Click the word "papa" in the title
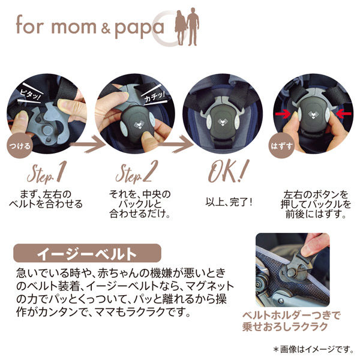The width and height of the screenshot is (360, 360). point(139,29)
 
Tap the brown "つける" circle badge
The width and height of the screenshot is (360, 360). point(20,146)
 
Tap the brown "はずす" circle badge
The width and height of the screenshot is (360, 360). point(281,146)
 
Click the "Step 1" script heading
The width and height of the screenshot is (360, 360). point(47,172)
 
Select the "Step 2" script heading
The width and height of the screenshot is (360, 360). point(137,172)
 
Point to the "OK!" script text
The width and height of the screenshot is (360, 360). point(228,171)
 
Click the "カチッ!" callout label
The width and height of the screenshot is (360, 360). point(154,96)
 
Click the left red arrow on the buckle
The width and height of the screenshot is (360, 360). point(283,113)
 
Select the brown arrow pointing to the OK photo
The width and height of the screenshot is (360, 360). point(176,144)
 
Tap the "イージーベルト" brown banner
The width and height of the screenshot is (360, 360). point(87,253)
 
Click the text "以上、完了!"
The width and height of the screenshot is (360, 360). point(229,202)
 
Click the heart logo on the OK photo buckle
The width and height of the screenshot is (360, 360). point(223,122)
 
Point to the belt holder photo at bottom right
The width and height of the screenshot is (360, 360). point(293,270)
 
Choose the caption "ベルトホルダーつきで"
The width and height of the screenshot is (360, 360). point(291,316)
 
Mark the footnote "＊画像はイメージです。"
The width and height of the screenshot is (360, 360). point(314,349)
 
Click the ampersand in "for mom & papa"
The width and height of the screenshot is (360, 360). point(106,29)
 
